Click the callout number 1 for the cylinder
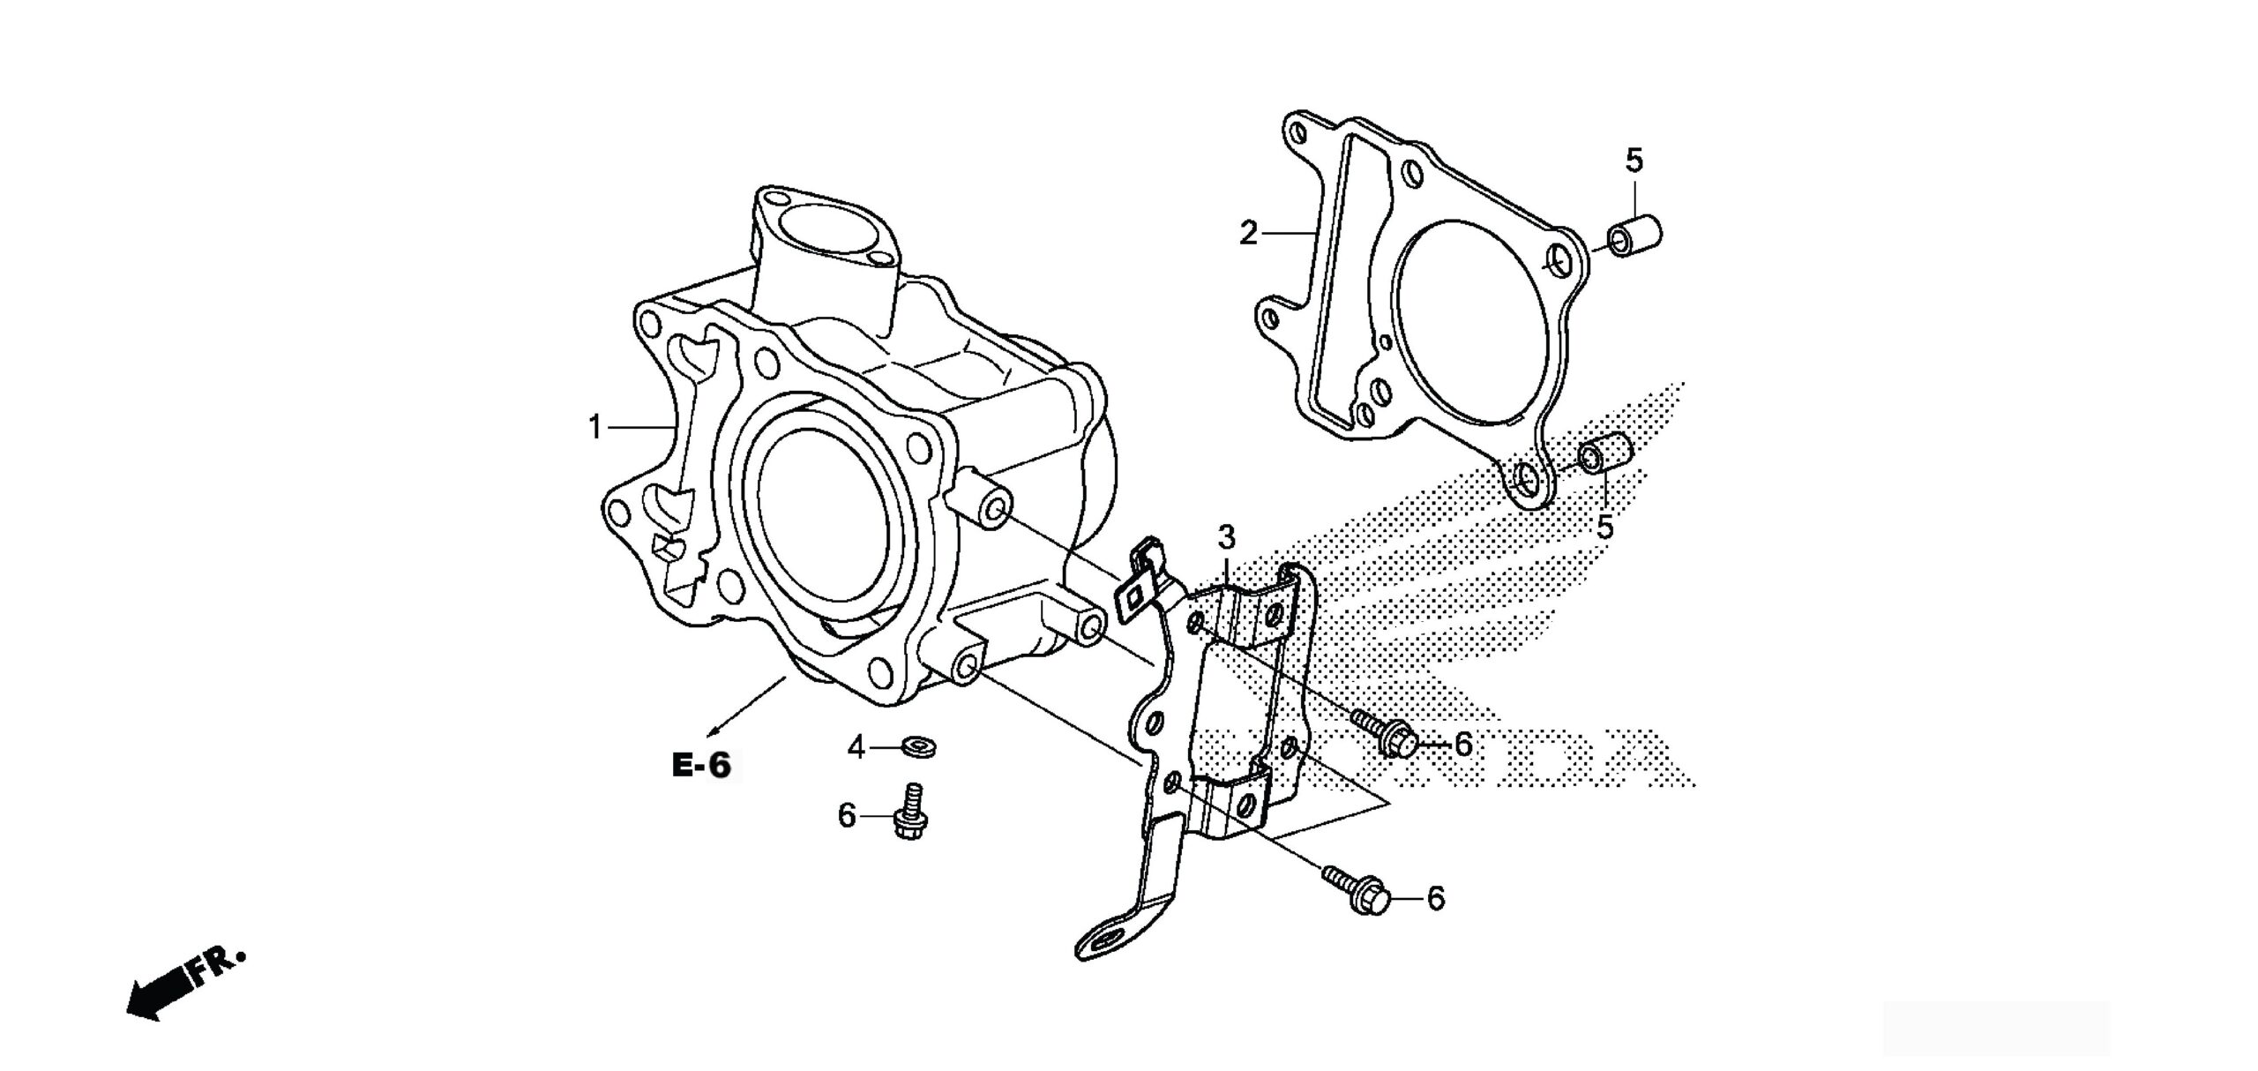tap(594, 429)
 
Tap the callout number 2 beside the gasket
tap(1248, 234)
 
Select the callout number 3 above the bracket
tap(1226, 537)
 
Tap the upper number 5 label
tap(1634, 161)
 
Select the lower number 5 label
tap(1604, 527)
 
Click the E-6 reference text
tap(702, 766)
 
